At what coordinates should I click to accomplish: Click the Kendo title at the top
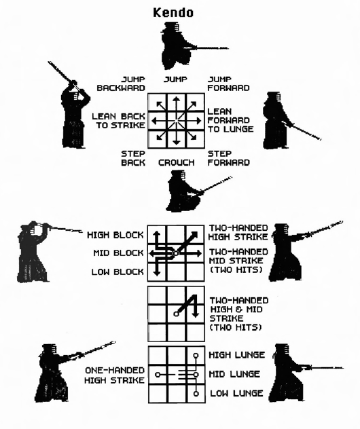(173, 13)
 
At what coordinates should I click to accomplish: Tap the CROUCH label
(177, 162)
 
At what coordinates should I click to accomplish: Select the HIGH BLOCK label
(115, 235)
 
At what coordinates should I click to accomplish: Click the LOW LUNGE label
(236, 393)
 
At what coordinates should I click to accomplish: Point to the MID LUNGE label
(234, 374)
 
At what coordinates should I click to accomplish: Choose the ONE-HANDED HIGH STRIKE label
(114, 375)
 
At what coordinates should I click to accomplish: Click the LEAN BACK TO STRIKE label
(118, 121)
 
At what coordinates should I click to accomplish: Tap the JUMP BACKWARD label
(121, 83)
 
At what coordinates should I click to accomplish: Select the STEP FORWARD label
(229, 158)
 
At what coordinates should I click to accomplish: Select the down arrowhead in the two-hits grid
(195, 314)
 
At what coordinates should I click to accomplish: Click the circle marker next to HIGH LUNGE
(196, 356)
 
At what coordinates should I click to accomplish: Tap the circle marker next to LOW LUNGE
(196, 394)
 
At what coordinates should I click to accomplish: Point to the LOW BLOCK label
(118, 272)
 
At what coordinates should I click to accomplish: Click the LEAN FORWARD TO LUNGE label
(230, 120)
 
